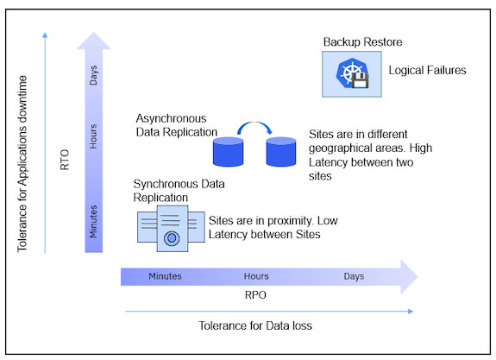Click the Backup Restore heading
click(362, 41)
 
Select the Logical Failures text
click(427, 71)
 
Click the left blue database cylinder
click(229, 152)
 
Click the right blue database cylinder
click(280, 152)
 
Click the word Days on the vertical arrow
click(93, 78)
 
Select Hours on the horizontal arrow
click(256, 277)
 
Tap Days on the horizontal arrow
click(354, 277)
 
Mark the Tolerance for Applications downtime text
click(23, 165)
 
